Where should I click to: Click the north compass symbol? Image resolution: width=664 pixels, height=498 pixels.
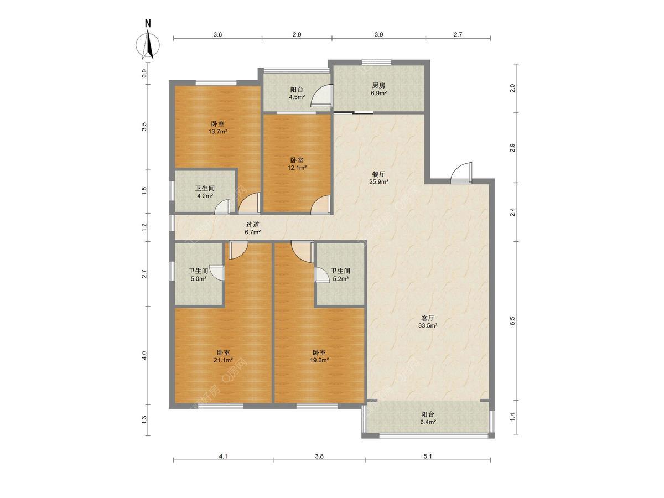point(148,40)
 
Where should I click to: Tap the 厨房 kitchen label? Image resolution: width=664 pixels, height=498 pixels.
point(378,86)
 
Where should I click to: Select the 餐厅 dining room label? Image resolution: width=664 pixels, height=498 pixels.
point(378,174)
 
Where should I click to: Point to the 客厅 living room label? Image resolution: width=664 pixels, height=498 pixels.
point(428,318)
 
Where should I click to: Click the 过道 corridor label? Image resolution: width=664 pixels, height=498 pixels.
point(252,224)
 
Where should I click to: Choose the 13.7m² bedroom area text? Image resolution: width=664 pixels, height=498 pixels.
point(217,132)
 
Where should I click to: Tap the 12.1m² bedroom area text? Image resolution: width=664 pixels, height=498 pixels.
point(297,168)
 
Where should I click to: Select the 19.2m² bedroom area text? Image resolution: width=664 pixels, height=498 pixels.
point(319,360)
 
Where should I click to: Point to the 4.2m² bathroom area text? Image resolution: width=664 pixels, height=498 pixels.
point(205,196)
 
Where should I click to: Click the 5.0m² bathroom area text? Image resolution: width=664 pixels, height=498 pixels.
point(198,278)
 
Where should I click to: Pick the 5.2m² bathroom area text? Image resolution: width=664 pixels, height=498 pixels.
point(340,278)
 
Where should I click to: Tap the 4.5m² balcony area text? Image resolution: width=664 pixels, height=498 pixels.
point(297,97)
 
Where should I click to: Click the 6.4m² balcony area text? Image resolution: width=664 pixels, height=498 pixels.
point(428,422)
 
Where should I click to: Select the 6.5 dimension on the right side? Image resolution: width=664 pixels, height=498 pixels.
point(512,321)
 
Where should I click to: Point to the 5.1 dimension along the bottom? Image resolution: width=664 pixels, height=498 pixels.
point(427,456)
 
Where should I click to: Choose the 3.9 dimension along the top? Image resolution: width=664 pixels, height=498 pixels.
point(378,34)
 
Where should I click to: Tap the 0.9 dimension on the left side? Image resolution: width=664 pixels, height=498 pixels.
point(144,74)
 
